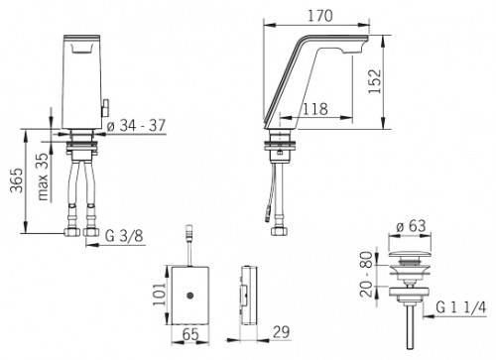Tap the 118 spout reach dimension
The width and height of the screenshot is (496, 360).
(316, 109)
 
